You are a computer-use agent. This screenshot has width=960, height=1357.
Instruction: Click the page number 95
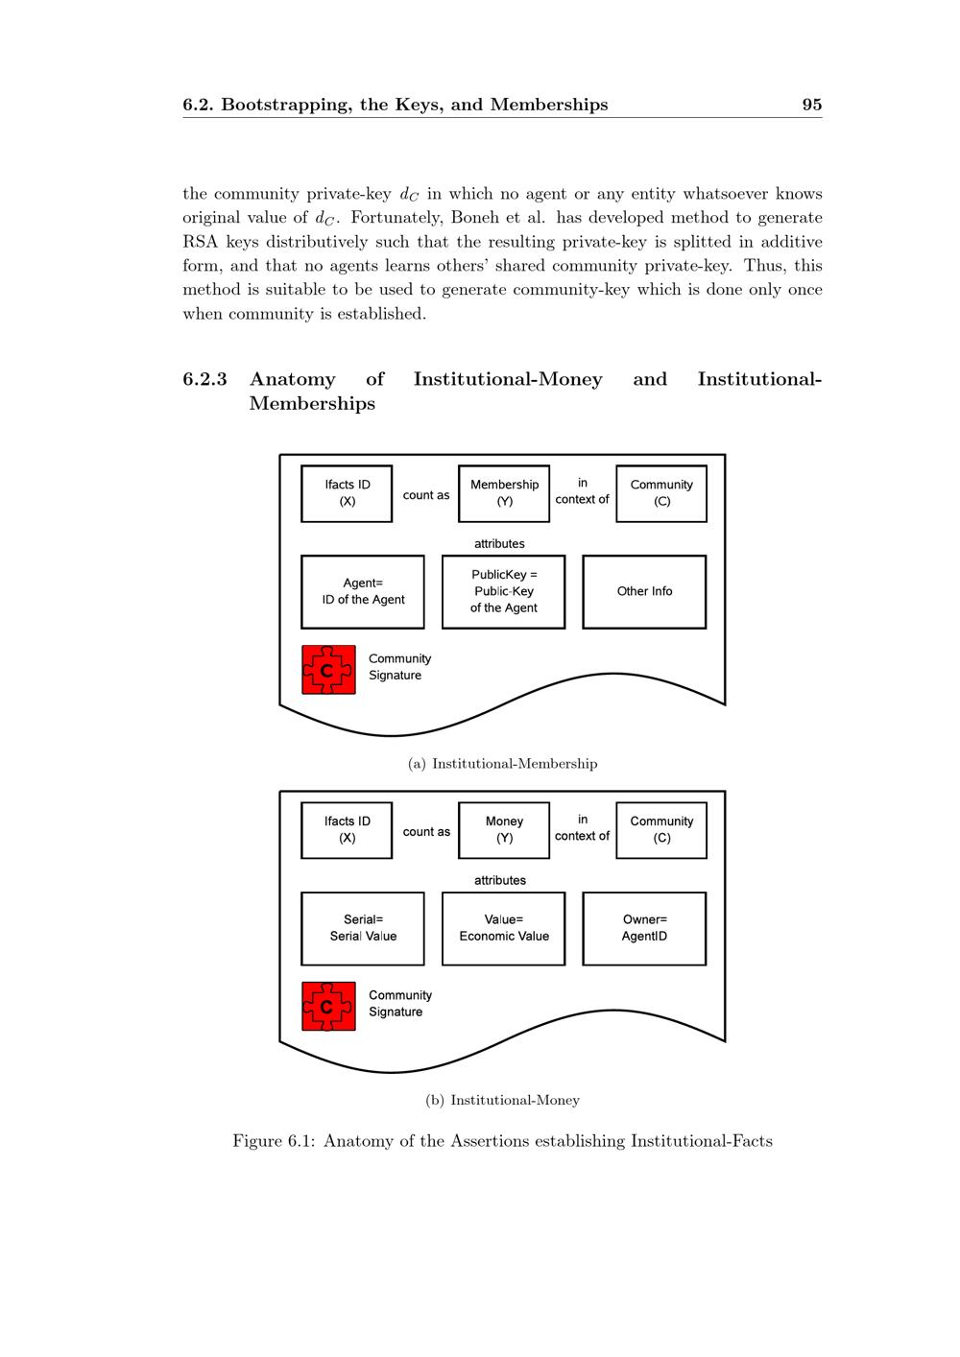tap(811, 105)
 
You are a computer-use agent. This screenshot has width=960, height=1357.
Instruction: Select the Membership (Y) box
tap(504, 493)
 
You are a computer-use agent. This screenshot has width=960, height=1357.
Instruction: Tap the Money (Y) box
tap(504, 830)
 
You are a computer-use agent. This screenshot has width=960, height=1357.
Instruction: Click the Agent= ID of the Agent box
tap(363, 592)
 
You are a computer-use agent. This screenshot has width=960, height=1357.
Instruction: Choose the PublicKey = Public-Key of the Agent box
tap(503, 592)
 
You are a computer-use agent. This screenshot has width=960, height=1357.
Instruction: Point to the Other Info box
tap(644, 592)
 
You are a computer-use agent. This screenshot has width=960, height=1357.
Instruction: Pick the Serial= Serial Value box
tap(363, 929)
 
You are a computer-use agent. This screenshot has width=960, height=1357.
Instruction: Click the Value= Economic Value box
tap(503, 929)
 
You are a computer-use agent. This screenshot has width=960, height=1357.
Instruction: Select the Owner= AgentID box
tap(644, 929)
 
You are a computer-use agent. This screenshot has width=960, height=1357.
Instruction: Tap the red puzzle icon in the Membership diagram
tap(328, 670)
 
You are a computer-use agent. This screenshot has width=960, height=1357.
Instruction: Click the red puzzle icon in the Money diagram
tap(328, 1007)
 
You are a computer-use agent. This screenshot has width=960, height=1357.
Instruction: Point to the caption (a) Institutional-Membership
tap(502, 764)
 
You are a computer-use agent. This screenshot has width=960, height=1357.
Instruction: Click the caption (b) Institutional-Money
tap(502, 1101)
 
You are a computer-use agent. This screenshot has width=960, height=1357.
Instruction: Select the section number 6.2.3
tap(204, 379)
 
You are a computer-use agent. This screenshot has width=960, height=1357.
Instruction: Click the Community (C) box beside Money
tap(661, 830)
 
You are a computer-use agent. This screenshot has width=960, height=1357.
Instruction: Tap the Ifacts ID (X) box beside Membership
tap(347, 493)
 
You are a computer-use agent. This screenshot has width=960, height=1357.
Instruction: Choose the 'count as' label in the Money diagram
tap(426, 832)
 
